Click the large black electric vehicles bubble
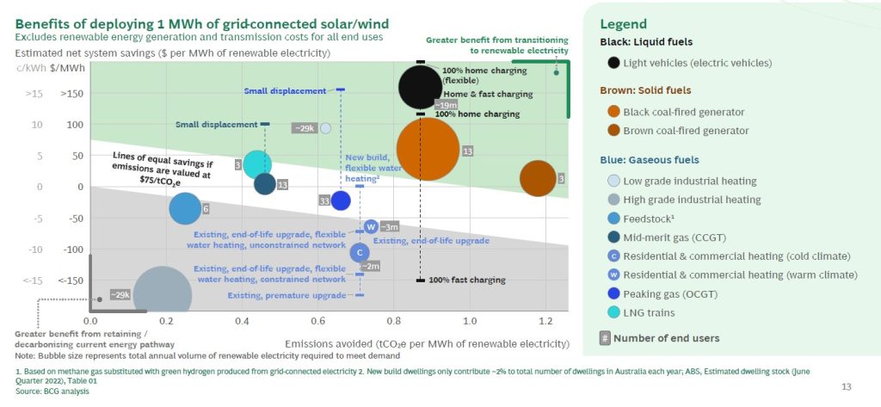click(x=420, y=86)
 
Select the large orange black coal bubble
click(x=428, y=149)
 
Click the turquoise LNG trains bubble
click(x=257, y=163)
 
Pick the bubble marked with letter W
click(x=371, y=226)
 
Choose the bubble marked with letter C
click(x=360, y=252)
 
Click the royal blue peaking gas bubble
click(x=341, y=200)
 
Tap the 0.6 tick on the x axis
click(x=318, y=320)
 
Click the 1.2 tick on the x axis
click(x=545, y=320)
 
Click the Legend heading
click(x=623, y=24)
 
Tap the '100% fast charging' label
click(x=466, y=281)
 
